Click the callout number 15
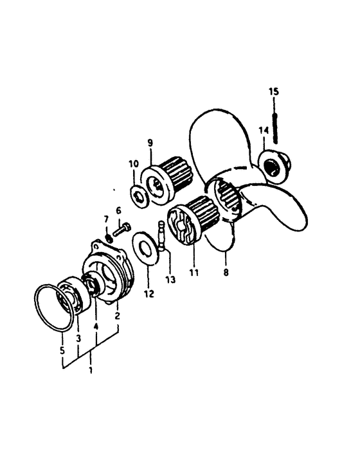click(x=273, y=91)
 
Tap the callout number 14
click(x=264, y=131)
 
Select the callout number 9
click(x=150, y=143)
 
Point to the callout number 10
click(x=134, y=164)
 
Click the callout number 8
click(x=226, y=273)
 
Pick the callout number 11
click(x=194, y=273)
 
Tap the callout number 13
click(x=170, y=280)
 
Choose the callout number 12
click(x=149, y=294)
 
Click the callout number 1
click(x=90, y=370)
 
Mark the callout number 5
click(x=62, y=350)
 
